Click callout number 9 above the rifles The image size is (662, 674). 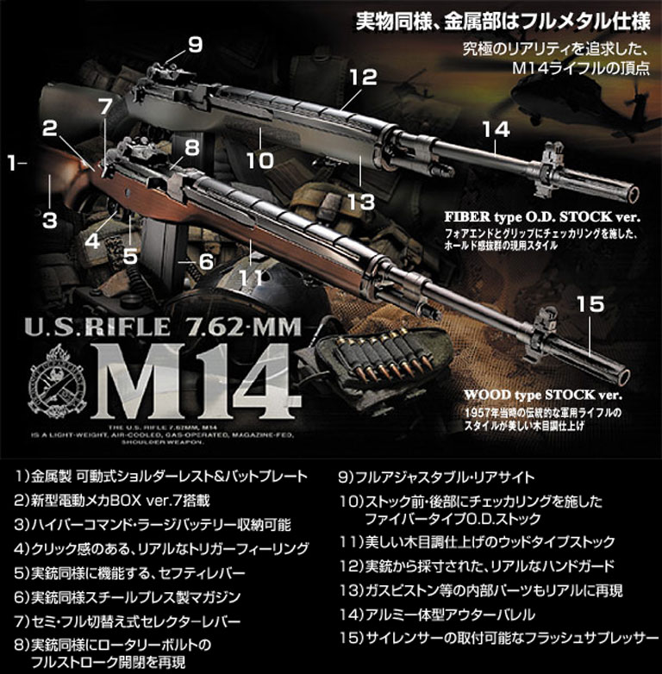(x=195, y=44)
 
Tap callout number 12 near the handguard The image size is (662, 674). (x=363, y=77)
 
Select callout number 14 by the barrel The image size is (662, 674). (x=496, y=129)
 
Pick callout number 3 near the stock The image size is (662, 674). (x=50, y=219)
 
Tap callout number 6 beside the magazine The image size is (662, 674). (x=205, y=260)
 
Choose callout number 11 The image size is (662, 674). (x=250, y=278)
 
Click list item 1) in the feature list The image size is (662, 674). (x=161, y=477)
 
